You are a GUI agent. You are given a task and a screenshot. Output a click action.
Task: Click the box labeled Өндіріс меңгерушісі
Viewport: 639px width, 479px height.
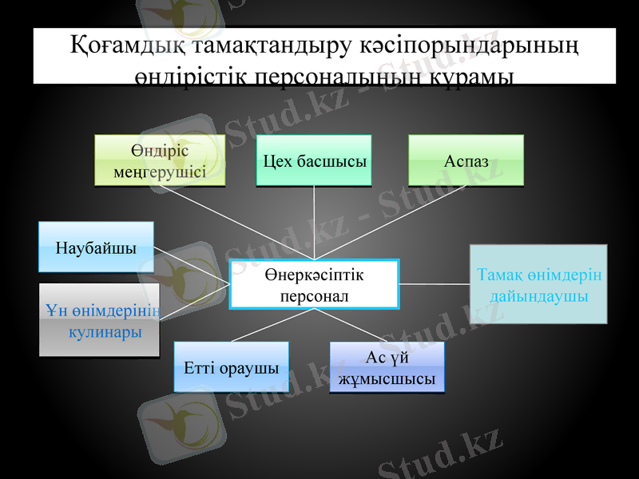click(x=159, y=160)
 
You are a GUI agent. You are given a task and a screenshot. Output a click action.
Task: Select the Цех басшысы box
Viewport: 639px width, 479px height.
click(x=314, y=160)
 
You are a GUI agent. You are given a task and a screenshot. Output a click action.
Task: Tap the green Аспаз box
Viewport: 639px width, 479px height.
click(x=466, y=160)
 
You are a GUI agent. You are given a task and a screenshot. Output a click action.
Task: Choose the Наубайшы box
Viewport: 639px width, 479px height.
click(x=96, y=247)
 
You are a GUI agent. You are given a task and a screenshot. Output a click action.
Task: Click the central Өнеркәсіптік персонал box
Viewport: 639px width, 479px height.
click(x=314, y=284)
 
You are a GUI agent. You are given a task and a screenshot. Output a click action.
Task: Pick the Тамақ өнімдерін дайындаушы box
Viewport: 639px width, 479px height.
click(x=538, y=284)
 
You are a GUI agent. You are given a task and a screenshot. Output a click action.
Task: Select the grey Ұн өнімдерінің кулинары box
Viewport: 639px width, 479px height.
click(x=99, y=319)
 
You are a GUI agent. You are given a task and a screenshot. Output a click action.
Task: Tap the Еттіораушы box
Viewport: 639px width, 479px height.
click(x=231, y=367)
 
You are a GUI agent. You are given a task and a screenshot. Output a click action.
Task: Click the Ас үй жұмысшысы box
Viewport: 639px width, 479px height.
click(x=387, y=367)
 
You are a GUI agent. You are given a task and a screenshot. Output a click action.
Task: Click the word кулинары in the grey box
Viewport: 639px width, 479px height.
click(x=105, y=331)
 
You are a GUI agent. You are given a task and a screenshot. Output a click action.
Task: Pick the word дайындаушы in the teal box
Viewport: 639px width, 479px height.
click(x=538, y=295)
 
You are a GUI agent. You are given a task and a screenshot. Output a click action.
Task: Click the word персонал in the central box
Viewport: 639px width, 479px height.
click(x=314, y=296)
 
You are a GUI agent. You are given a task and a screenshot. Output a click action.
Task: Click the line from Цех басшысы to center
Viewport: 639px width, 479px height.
click(x=314, y=224)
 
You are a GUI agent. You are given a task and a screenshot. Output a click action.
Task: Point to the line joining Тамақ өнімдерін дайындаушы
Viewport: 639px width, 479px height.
click(x=434, y=283)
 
